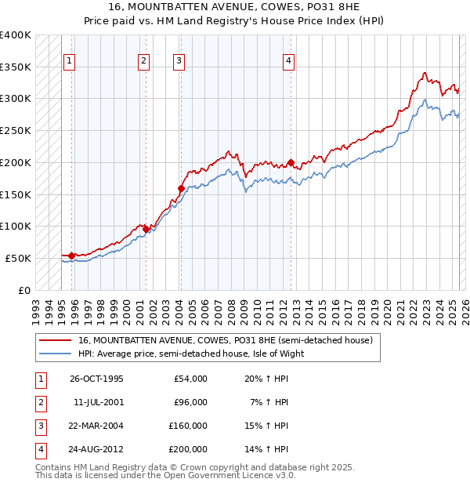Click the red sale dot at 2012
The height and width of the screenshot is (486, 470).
pos(291,163)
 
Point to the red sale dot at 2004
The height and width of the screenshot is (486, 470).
pos(181,188)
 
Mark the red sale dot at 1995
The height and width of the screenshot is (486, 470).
pos(71,256)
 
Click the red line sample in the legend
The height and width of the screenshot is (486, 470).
pos(56,340)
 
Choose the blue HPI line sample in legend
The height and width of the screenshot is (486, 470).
pos(56,354)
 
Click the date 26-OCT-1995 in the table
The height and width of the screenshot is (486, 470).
pos(96,379)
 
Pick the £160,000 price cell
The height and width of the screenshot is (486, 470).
pos(188,426)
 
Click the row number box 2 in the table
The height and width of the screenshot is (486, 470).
pos(39,403)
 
